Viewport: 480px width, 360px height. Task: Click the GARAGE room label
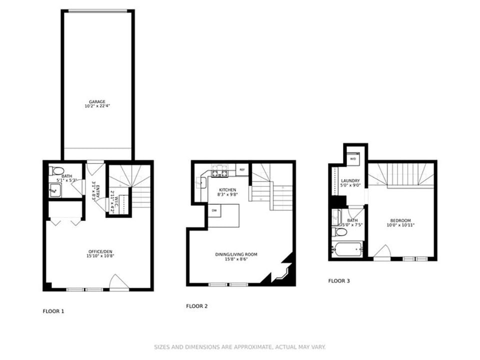pos(97,101)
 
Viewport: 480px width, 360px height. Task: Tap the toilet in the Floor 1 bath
pos(54,170)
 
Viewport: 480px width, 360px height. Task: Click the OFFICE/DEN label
pos(97,251)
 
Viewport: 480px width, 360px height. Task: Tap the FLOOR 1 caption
pos(53,311)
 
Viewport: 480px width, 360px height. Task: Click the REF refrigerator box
pos(242,170)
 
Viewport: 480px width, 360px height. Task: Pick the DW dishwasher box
pos(213,210)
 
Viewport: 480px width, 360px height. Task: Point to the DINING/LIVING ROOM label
pos(236,254)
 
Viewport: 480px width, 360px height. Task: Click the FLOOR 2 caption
pos(196,306)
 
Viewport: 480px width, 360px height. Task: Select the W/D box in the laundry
pos(352,158)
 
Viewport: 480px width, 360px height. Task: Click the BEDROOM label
pos(400,220)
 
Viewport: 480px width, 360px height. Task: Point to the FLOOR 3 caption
pos(338,281)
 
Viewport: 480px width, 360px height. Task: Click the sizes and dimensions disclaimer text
pos(239,346)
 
